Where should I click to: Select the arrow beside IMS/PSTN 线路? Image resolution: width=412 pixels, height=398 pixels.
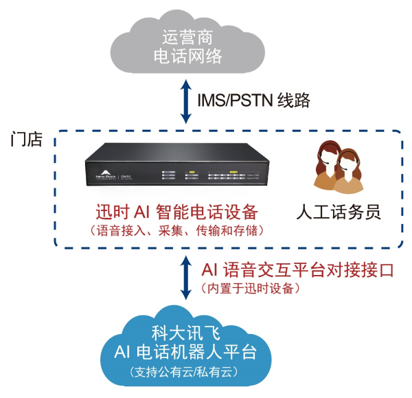[185, 101]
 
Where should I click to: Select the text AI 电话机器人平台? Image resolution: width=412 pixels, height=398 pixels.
[186, 353]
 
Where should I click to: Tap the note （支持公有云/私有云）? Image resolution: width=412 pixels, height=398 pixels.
[185, 372]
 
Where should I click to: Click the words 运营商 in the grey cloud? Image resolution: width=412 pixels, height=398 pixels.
[190, 36]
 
